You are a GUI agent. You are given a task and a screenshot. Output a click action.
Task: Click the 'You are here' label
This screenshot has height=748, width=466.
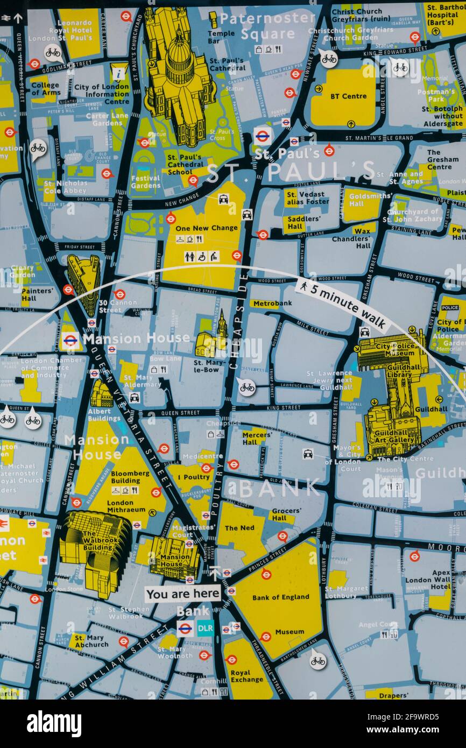click(x=183, y=594)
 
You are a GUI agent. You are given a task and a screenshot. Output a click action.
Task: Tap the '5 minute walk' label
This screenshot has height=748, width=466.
click(x=342, y=305)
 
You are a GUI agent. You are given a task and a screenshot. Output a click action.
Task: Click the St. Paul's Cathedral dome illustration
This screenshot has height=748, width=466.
click(x=180, y=59)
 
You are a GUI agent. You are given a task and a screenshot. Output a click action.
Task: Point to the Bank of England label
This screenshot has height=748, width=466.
click(x=280, y=597)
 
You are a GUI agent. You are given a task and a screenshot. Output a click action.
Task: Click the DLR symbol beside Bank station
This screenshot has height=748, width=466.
click(x=205, y=628)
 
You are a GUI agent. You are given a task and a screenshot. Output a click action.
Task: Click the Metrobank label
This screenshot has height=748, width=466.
click(x=272, y=304)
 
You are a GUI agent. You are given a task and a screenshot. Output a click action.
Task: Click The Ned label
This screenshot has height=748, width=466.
click(x=239, y=528)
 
